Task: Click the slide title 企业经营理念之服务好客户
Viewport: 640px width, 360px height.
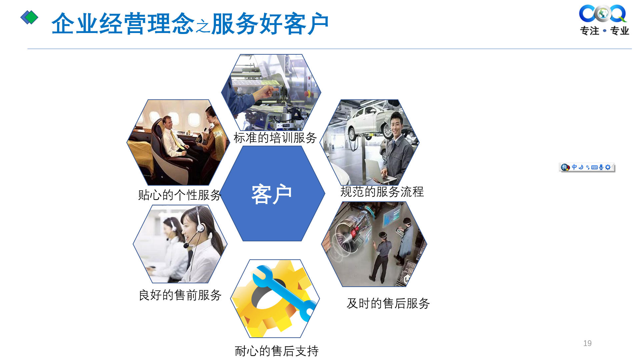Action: [x=190, y=24]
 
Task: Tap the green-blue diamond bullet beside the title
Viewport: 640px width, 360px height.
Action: [x=29, y=17]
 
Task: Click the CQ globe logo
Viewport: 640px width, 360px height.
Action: [x=603, y=14]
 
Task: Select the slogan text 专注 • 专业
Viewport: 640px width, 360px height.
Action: [x=604, y=31]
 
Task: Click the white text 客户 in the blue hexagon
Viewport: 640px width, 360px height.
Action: [x=272, y=194]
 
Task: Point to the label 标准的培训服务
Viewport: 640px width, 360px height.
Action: [x=275, y=138]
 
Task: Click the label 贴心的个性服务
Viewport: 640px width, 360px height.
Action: [x=180, y=195]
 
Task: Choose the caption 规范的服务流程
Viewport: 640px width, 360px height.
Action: [x=382, y=192]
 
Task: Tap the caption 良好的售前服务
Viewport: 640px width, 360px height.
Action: [x=180, y=295]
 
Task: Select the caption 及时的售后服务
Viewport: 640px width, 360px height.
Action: [x=388, y=303]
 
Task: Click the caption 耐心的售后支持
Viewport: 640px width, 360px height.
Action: [x=277, y=351]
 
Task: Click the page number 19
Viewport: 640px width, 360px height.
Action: [x=587, y=343]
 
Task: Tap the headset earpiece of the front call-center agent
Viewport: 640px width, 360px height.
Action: [x=200, y=228]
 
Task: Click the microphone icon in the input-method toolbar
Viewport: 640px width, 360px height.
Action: [x=601, y=167]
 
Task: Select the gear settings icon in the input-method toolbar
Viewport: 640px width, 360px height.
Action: [x=608, y=167]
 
